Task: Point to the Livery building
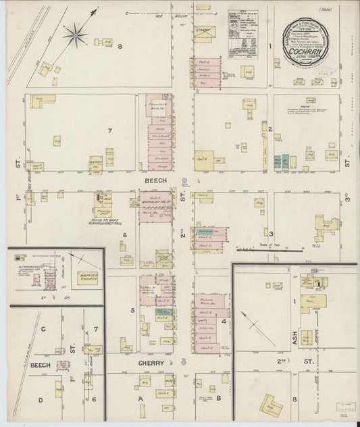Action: click(203, 32)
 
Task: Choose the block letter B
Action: click(217, 399)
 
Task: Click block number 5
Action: click(133, 311)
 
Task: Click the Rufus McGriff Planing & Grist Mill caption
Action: click(102, 219)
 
